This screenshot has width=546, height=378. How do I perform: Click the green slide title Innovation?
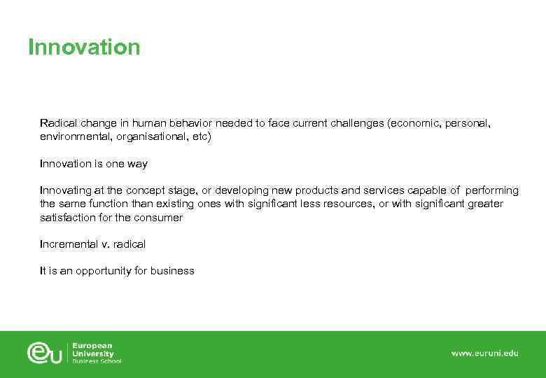[84, 48]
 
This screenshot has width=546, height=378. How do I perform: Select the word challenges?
[356, 123]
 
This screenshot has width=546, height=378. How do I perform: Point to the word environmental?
[71, 137]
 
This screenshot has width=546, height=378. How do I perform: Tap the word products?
[318, 190]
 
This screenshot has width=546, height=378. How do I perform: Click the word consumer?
[158, 218]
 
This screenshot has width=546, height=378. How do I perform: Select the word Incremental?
[70, 244]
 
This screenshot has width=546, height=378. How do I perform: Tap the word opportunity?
[102, 271]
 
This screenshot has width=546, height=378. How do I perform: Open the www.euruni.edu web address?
[484, 353]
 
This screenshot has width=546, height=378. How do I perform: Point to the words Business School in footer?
[97, 361]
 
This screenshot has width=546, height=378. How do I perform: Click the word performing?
[492, 190]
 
